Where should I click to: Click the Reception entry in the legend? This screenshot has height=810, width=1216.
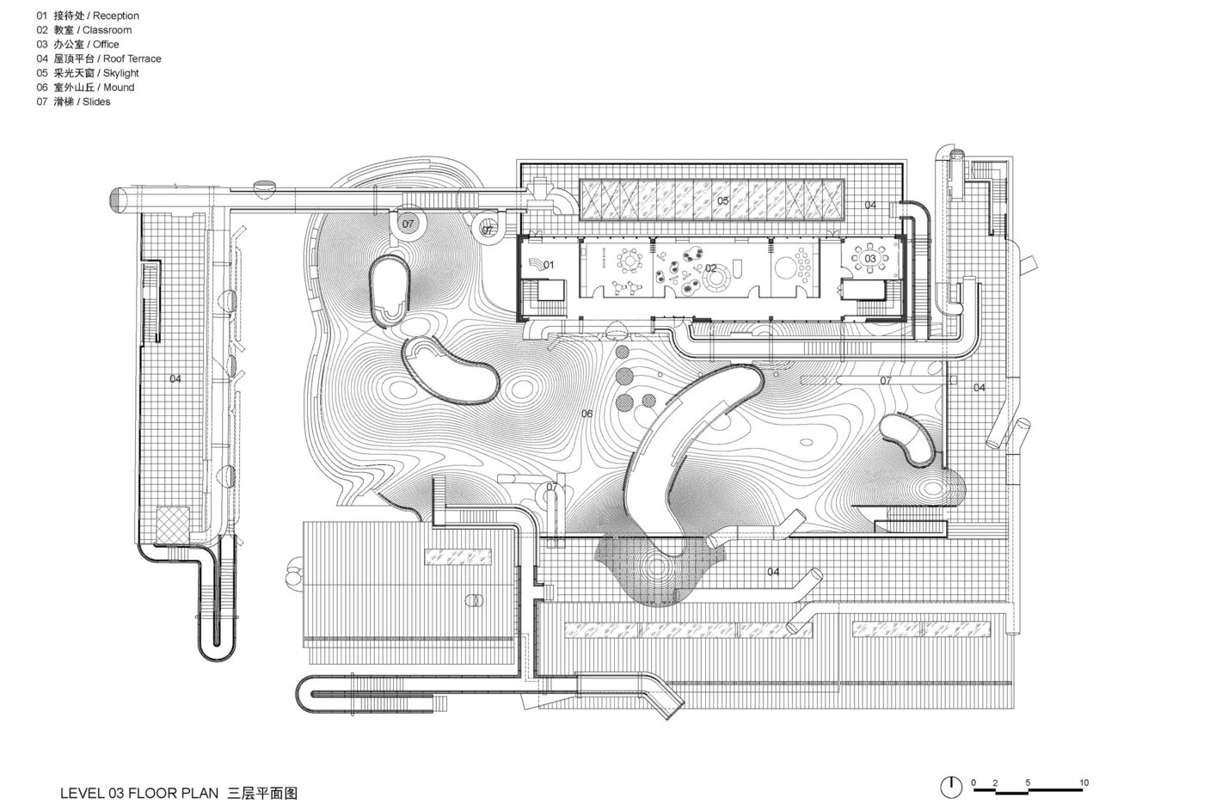click(x=88, y=15)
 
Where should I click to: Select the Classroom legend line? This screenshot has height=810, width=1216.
click(x=83, y=30)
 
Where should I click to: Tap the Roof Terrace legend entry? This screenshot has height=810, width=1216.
click(x=99, y=58)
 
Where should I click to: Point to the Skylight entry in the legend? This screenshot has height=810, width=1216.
click(x=88, y=73)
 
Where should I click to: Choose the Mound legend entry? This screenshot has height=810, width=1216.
click(x=85, y=88)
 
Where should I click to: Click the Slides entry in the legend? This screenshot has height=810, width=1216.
click(x=73, y=101)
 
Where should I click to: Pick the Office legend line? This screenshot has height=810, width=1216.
click(x=77, y=45)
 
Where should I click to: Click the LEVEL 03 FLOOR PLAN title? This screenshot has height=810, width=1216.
click(x=139, y=793)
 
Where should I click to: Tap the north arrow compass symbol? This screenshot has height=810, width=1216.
click(x=950, y=787)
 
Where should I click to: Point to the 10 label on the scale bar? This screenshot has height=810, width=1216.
click(x=1084, y=782)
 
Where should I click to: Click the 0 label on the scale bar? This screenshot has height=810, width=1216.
click(x=973, y=782)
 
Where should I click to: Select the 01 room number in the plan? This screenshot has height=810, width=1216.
click(x=549, y=265)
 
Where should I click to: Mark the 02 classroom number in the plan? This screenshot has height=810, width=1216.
click(x=710, y=268)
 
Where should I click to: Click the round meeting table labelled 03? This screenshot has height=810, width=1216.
click(x=869, y=259)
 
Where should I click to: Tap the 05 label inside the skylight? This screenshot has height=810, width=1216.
click(x=722, y=201)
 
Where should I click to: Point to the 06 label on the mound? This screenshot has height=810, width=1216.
click(x=587, y=414)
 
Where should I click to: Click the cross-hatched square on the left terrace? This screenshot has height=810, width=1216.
click(x=173, y=524)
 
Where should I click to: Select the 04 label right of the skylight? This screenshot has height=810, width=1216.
click(x=870, y=205)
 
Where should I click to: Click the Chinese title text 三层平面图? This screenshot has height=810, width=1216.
click(x=263, y=793)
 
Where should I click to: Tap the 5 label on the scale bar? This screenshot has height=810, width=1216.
click(x=1028, y=782)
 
